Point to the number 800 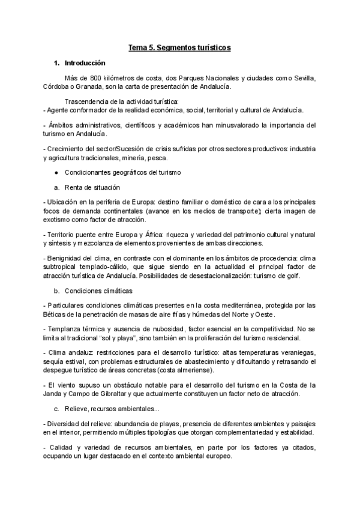(96, 78)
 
